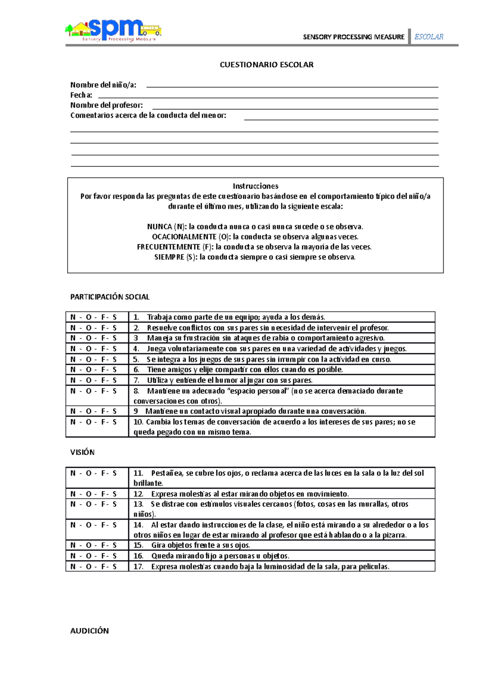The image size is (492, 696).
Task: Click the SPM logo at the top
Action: [x=113, y=30]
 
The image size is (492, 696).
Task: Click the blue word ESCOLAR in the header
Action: [x=428, y=37]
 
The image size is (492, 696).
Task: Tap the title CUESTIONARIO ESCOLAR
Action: [x=266, y=65]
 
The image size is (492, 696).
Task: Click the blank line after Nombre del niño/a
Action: [x=292, y=86]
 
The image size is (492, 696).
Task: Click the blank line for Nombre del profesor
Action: [x=295, y=107]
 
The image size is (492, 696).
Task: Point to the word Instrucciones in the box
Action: [x=255, y=186]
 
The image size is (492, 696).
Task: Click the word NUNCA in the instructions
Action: [x=159, y=227]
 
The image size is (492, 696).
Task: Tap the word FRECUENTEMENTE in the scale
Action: [x=169, y=247]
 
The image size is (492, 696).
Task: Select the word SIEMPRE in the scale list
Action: [x=169, y=257]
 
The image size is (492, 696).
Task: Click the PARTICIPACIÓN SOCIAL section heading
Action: [x=110, y=297]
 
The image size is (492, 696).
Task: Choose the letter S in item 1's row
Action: [x=114, y=317]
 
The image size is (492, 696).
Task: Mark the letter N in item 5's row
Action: [x=73, y=359]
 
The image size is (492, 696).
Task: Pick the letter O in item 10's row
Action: [x=89, y=422]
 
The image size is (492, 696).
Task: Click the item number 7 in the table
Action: [x=137, y=380]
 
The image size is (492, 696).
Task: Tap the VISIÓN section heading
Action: [x=82, y=453]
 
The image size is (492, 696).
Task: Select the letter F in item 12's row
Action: [x=104, y=494]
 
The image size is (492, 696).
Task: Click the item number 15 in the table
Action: [x=138, y=546]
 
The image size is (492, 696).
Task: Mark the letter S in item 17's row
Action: [x=114, y=567]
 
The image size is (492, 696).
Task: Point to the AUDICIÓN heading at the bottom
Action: [x=89, y=631]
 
